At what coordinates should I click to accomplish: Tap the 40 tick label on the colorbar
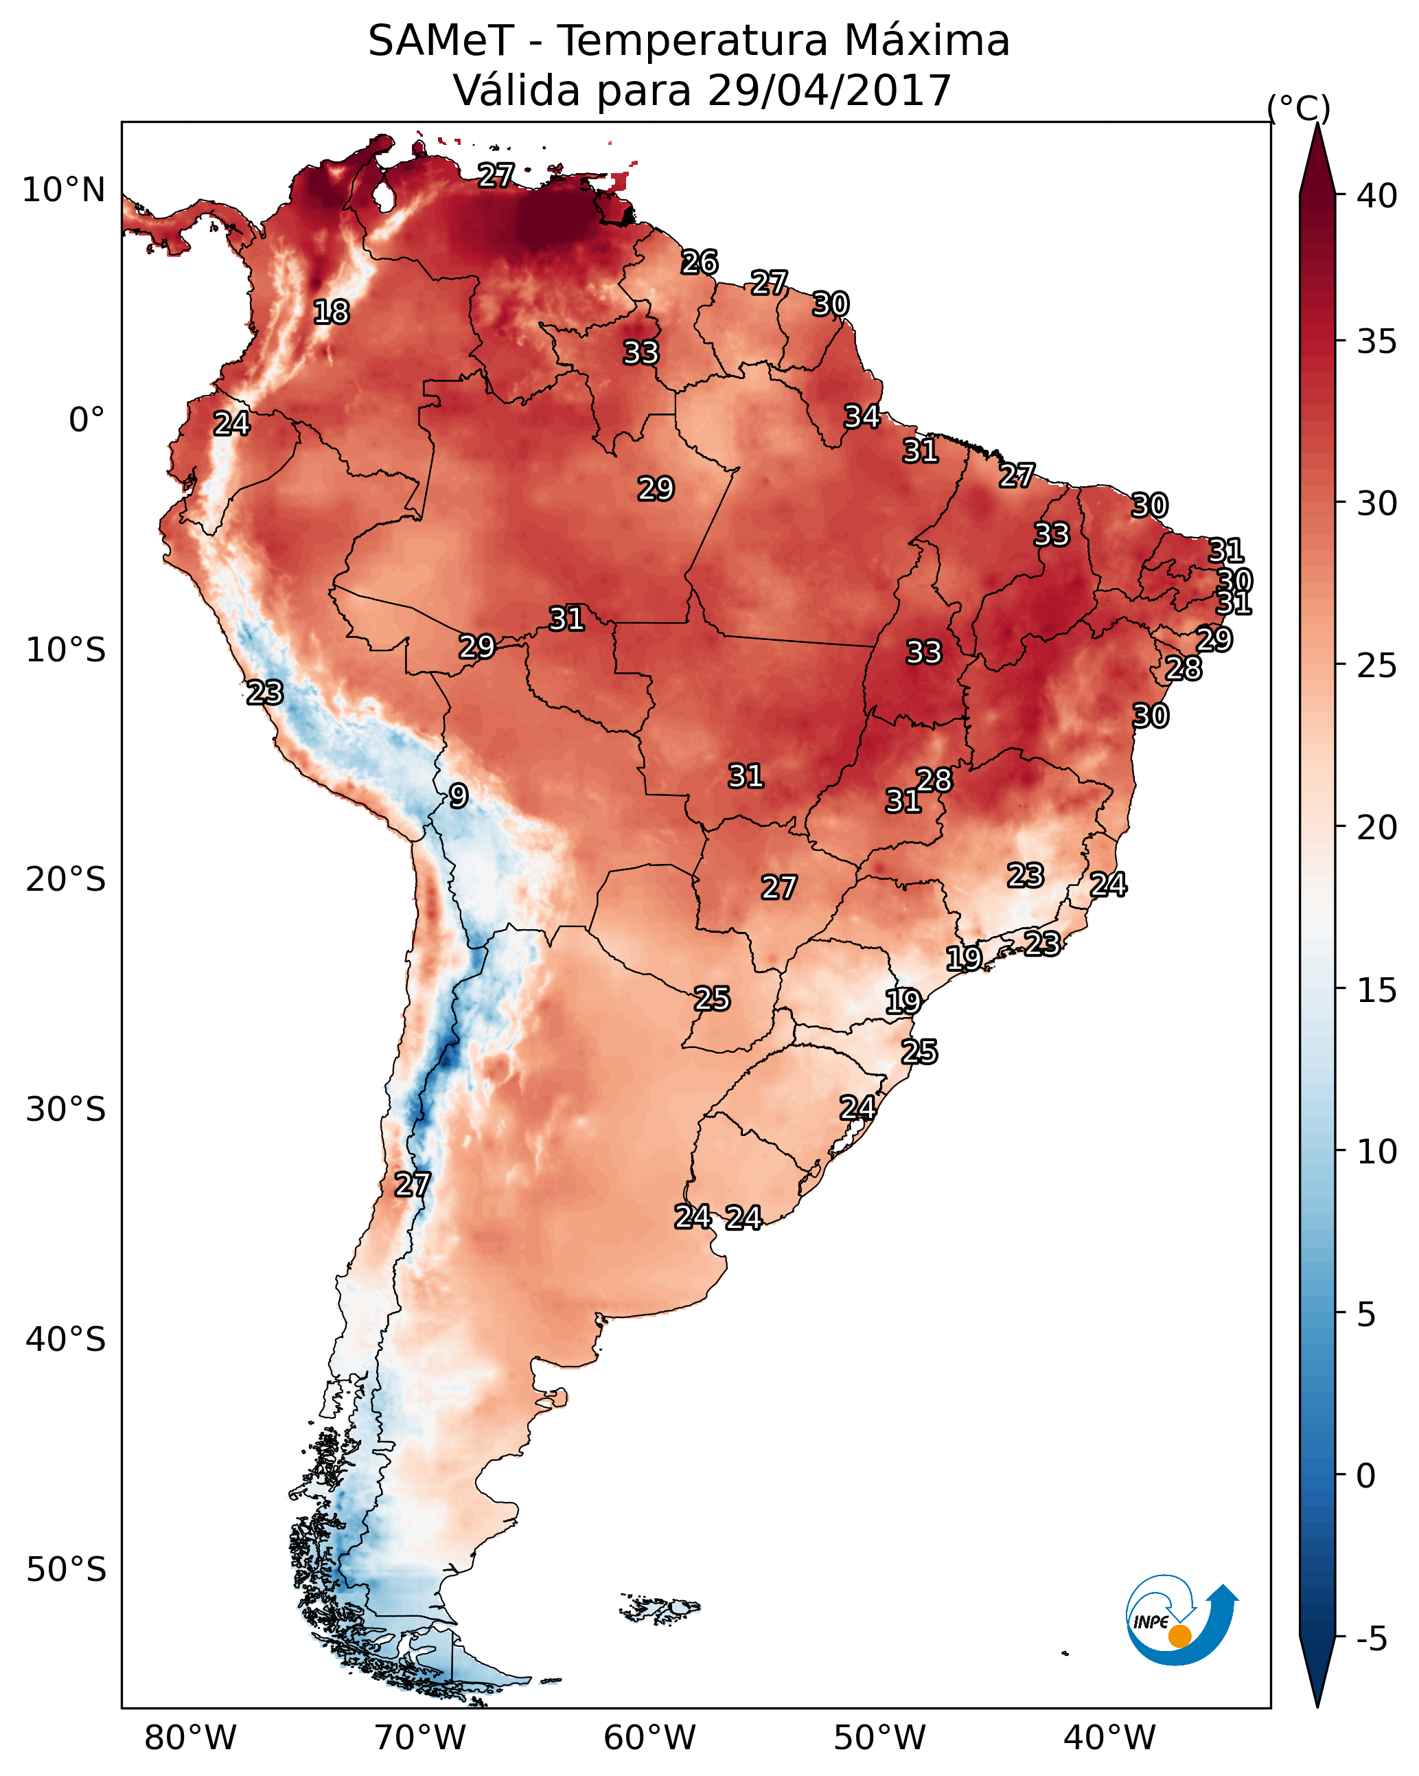pos(1376,196)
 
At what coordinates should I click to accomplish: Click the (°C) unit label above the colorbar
pos(1298,108)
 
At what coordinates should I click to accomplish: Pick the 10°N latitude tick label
pos(63,190)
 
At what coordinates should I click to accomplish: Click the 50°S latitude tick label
pos(66,1570)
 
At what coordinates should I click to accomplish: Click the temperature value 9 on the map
pos(459,796)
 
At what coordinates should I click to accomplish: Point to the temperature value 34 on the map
pos(862,417)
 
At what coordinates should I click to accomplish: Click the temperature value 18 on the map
pos(331,312)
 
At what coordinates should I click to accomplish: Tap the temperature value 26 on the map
pos(700,263)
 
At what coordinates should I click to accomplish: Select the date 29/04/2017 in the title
pos(829,91)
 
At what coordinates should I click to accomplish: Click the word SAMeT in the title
pos(441,41)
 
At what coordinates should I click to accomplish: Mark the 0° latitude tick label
pos(86,420)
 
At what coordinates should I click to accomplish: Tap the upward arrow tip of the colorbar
pos(1317,128)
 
